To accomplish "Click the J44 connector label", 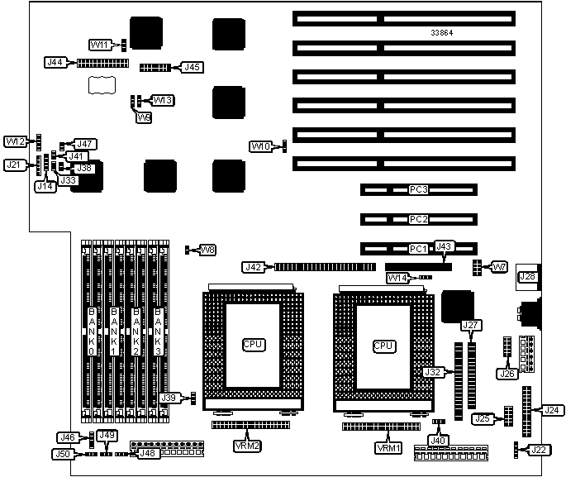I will (x=55, y=62).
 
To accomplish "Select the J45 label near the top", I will (x=192, y=66).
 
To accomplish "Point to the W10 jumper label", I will (x=261, y=146).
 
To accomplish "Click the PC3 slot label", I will (x=418, y=190).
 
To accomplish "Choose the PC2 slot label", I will (x=418, y=219).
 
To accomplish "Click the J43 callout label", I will (x=445, y=246).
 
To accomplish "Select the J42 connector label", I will (x=253, y=267).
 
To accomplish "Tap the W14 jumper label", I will (x=397, y=278).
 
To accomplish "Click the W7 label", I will (x=498, y=267).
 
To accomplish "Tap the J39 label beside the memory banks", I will (x=169, y=398).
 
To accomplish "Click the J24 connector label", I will (x=551, y=409).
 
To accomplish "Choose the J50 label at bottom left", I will (x=62, y=453).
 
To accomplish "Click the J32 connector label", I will (x=432, y=372).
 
